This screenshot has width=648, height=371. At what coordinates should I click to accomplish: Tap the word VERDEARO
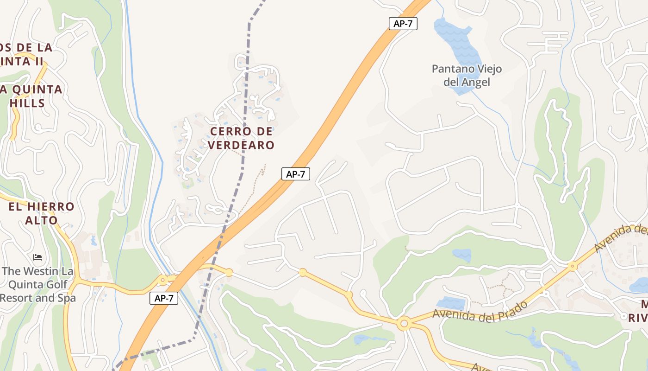click(241, 145)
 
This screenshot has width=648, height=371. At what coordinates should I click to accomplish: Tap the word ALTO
click(41, 220)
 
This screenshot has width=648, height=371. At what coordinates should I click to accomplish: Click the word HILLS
click(27, 103)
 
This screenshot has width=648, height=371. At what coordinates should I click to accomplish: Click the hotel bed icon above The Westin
click(37, 257)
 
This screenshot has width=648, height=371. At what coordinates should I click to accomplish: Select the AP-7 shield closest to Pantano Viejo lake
click(403, 24)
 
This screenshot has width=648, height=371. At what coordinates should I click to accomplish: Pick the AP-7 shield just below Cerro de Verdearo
click(295, 174)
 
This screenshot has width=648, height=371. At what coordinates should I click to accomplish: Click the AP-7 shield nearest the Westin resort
click(164, 298)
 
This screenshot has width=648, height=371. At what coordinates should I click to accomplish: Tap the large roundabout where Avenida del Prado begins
click(404, 323)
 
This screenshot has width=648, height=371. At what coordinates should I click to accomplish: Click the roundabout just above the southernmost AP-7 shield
click(162, 281)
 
